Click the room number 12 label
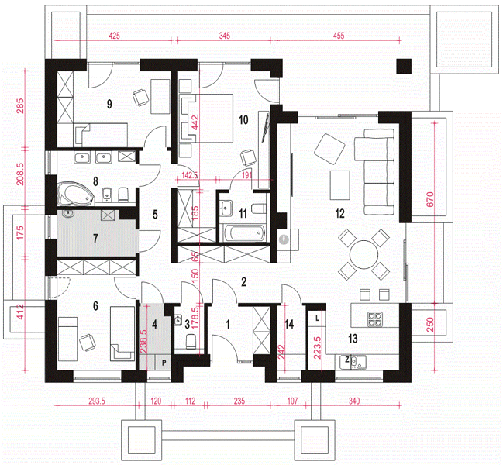click(x=339, y=213)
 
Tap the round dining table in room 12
click(x=363, y=255)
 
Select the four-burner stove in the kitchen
click(x=375, y=319)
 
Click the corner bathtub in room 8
click(x=76, y=194)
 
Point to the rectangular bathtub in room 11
click(x=244, y=232)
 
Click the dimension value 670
click(x=430, y=199)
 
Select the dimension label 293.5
click(x=97, y=401)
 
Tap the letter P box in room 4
click(x=164, y=363)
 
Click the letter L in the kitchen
click(x=317, y=319)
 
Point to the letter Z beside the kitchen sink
click(x=346, y=360)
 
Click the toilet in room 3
click(x=191, y=341)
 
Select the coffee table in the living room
click(x=340, y=185)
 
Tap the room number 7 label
click(x=95, y=239)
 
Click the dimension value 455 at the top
click(x=339, y=36)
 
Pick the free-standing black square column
click(x=404, y=67)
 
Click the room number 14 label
click(x=289, y=324)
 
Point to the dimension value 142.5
click(x=190, y=175)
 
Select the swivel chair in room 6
click(x=88, y=343)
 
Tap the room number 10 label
click(x=243, y=120)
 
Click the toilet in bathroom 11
click(x=259, y=208)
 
